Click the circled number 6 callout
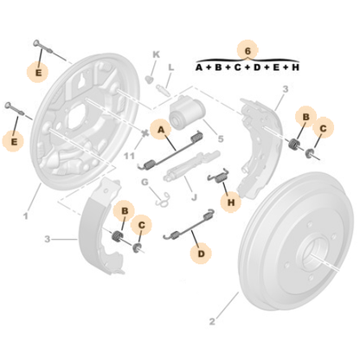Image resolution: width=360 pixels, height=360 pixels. tap(247, 49)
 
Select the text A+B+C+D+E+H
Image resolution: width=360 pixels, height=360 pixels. tap(247, 67)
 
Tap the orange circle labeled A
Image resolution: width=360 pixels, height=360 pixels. tap(160, 130)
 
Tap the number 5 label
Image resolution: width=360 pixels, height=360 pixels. tap(221, 138)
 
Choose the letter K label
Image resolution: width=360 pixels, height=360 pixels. tap(157, 55)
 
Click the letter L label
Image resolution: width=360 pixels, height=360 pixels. tap(171, 67)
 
